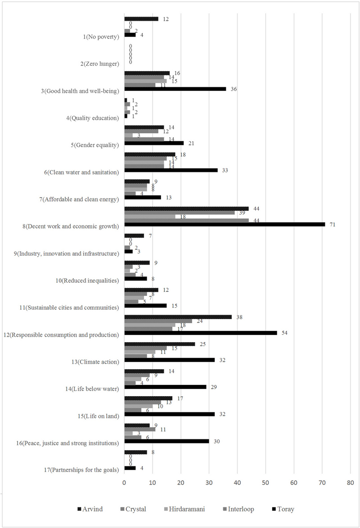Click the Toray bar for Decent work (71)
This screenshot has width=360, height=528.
[224, 224]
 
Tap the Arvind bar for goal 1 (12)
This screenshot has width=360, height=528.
[141, 19]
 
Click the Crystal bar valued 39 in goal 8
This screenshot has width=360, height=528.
[180, 213]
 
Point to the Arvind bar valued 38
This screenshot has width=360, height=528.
[178, 317]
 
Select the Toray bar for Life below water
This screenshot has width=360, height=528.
[165, 387]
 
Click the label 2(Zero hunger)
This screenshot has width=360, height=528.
[99, 64]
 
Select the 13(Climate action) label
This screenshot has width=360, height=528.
[94, 362]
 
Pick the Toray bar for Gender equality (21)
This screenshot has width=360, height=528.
[154, 143]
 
